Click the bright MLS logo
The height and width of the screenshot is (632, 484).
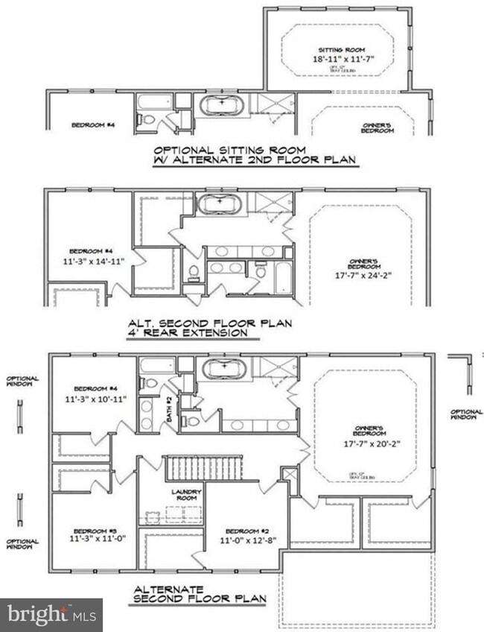[51, 615]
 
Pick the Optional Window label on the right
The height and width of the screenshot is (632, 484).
[466, 414]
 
